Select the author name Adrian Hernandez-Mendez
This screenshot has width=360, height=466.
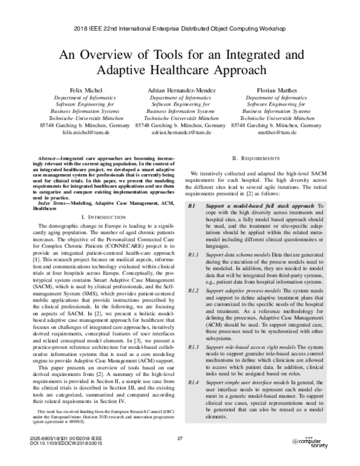pos(180,89)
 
